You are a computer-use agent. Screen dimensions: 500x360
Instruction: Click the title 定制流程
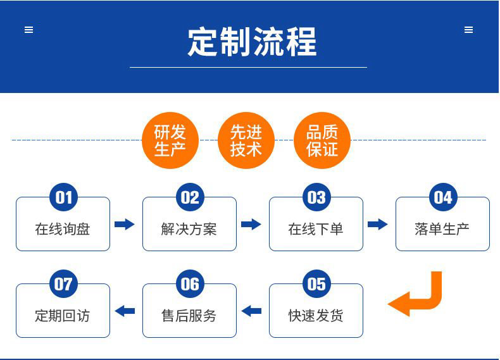(x=252, y=42)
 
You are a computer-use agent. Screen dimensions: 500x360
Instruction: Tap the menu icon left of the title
(x=28, y=30)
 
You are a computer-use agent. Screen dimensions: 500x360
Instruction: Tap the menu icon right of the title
(x=468, y=30)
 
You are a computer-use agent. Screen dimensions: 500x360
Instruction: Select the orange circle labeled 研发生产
(x=170, y=140)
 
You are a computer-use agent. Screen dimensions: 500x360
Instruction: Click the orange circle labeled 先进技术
(x=246, y=140)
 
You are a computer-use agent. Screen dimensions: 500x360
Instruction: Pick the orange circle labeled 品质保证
(x=322, y=140)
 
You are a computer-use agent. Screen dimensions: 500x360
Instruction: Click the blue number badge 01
(x=63, y=197)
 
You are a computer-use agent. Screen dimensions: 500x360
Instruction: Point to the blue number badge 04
(x=443, y=197)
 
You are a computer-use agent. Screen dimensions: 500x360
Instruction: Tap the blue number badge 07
(x=63, y=284)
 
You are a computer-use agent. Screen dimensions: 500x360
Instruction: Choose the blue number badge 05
(x=316, y=284)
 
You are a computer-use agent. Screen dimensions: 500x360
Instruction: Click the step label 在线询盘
(x=63, y=229)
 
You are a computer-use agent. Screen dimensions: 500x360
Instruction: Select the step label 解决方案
(x=189, y=229)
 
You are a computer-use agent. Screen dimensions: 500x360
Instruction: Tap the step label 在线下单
(x=316, y=229)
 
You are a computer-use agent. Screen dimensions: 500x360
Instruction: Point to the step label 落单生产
(x=442, y=229)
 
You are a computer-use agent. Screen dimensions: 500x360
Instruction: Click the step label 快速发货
(x=316, y=316)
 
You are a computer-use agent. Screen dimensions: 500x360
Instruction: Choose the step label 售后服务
(x=189, y=316)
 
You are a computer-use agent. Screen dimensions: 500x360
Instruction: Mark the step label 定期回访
(x=63, y=316)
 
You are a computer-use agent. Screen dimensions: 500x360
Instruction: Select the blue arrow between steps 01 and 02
(x=125, y=224)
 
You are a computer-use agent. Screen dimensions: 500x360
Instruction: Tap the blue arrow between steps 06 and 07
(x=125, y=311)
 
